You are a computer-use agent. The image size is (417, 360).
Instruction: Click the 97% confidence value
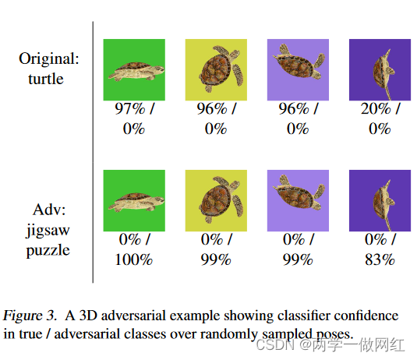[x=128, y=110]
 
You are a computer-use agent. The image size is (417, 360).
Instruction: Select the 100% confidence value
[x=134, y=259]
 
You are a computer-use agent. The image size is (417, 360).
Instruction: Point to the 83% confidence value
[x=380, y=259]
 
